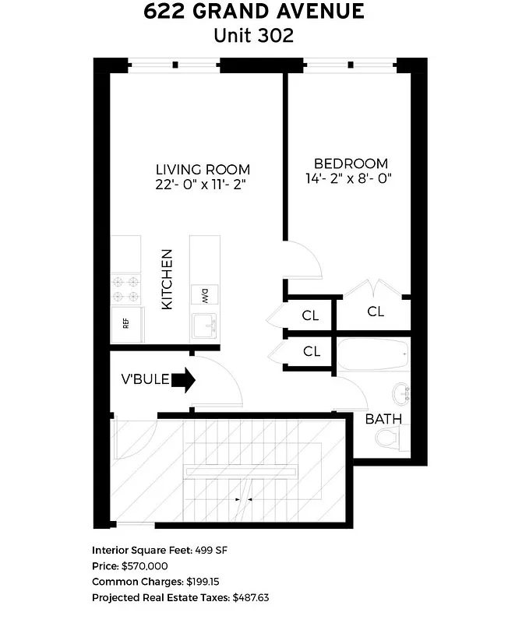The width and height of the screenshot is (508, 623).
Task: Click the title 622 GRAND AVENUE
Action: [254, 12]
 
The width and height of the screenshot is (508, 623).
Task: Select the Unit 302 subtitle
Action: [254, 36]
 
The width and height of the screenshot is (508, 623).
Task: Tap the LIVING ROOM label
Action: [203, 169]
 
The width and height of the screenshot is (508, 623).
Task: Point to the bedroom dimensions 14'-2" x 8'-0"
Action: [350, 178]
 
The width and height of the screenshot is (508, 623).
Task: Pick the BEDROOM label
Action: [350, 164]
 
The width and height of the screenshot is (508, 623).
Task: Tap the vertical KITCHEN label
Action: [167, 280]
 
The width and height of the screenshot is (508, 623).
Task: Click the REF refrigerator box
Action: [127, 322]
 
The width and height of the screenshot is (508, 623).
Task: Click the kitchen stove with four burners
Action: [126, 289]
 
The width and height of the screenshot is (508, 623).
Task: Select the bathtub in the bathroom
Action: [373, 357]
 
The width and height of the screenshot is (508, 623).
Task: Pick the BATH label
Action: [383, 418]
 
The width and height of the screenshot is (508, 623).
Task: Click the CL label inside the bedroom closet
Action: [376, 311]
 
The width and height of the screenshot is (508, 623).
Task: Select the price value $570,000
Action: [145, 566]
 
